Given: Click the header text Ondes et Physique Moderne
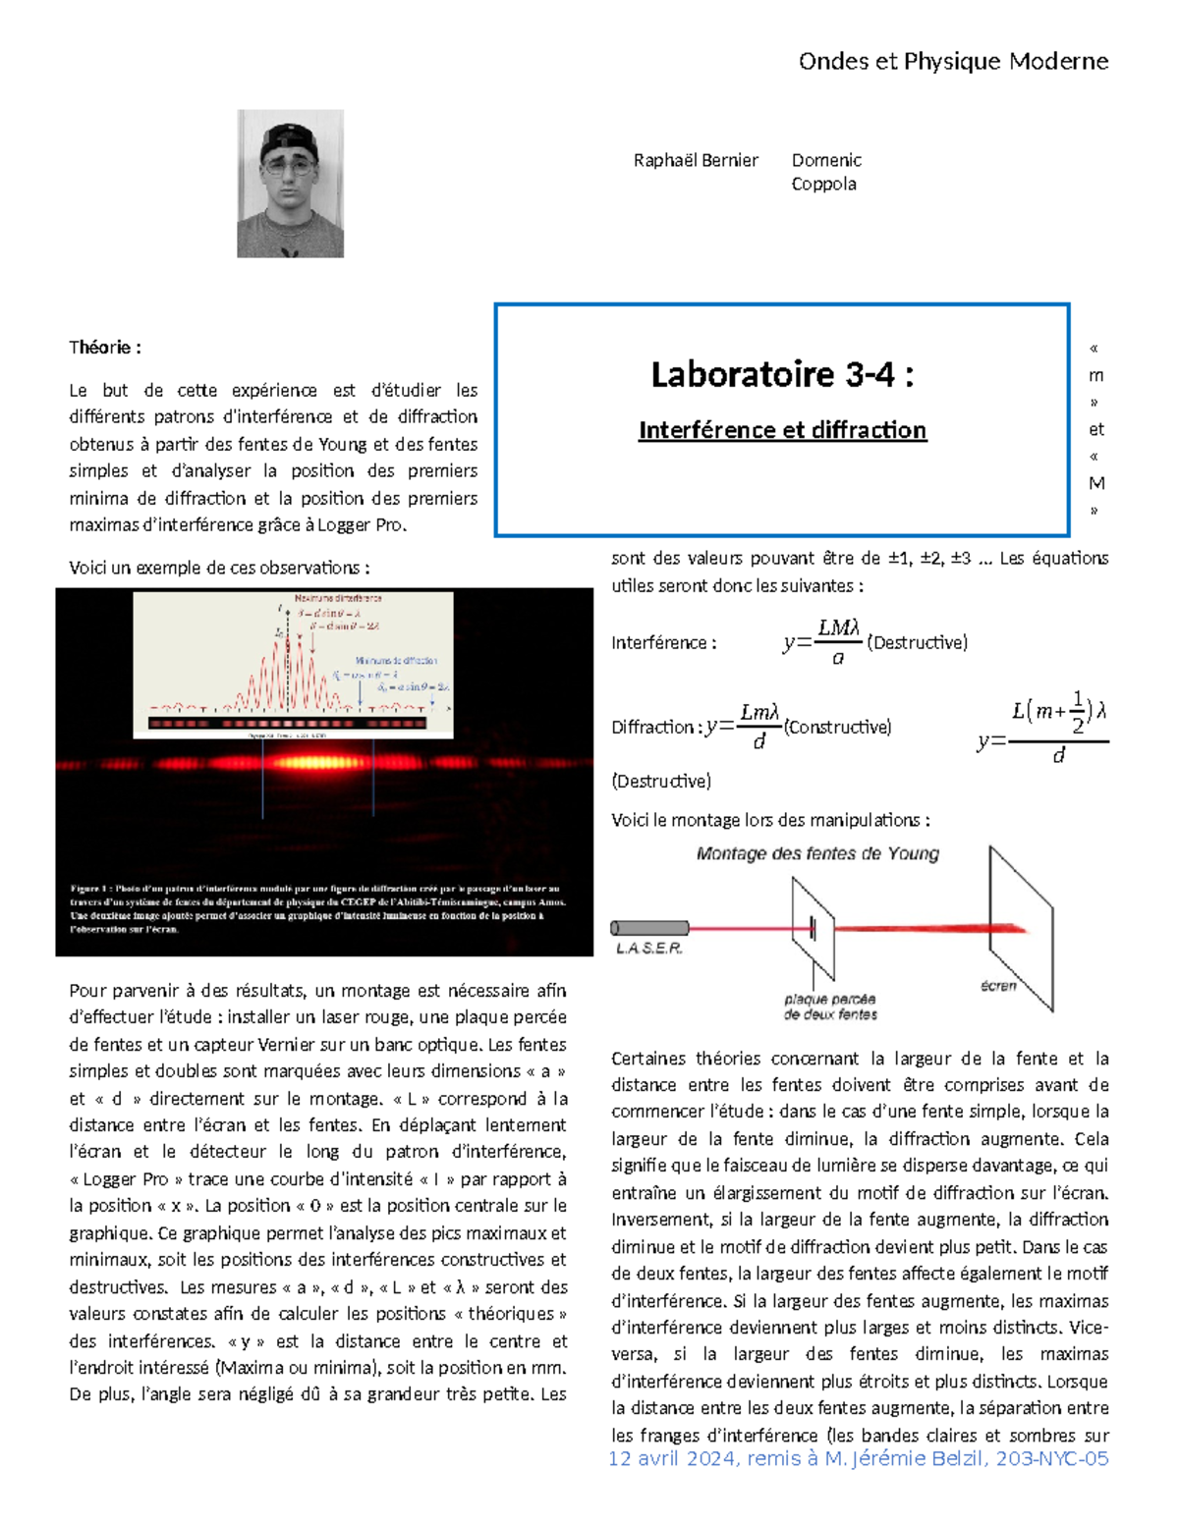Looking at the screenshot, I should pyautogui.click(x=952, y=62).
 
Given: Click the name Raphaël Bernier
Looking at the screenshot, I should pyautogui.click(x=696, y=160).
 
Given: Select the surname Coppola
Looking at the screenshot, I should pyautogui.click(x=823, y=185).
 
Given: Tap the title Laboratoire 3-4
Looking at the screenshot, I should pyautogui.click(x=781, y=374).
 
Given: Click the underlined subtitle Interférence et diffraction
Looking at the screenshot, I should pyautogui.click(x=782, y=430).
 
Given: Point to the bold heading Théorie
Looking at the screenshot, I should pyautogui.click(x=105, y=348).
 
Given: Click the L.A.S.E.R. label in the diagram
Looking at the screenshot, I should pyautogui.click(x=648, y=949).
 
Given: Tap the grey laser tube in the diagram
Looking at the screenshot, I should pyautogui.click(x=649, y=928).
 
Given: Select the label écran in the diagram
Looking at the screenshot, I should pyautogui.click(x=998, y=986).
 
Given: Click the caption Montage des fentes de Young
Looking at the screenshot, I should pyautogui.click(x=817, y=854).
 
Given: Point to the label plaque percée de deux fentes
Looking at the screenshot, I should pyautogui.click(x=830, y=1007).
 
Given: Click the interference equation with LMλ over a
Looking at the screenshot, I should pyautogui.click(x=837, y=642).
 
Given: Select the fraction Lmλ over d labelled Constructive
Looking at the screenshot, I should pyautogui.click(x=758, y=727).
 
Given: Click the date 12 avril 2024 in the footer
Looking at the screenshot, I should pyautogui.click(x=672, y=1459).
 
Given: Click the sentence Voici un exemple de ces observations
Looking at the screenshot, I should pyautogui.click(x=219, y=569).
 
